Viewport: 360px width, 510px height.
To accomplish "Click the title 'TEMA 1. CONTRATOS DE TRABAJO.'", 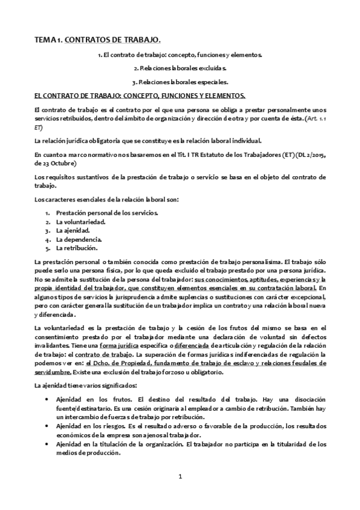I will click(97, 40).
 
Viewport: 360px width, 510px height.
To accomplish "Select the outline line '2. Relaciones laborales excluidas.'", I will click(180, 68).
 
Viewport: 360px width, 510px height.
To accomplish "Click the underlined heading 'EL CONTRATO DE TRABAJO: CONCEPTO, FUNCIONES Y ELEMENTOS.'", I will click(139, 96).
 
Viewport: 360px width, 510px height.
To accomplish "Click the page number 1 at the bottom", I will click(180, 476).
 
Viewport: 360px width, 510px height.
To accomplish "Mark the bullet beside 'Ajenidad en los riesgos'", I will click(47, 426).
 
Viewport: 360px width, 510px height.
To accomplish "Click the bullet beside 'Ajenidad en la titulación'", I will click(47, 444).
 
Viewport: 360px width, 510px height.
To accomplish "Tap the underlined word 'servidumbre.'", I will click(53, 372).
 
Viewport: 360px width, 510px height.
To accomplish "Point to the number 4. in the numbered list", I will click(47, 239).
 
